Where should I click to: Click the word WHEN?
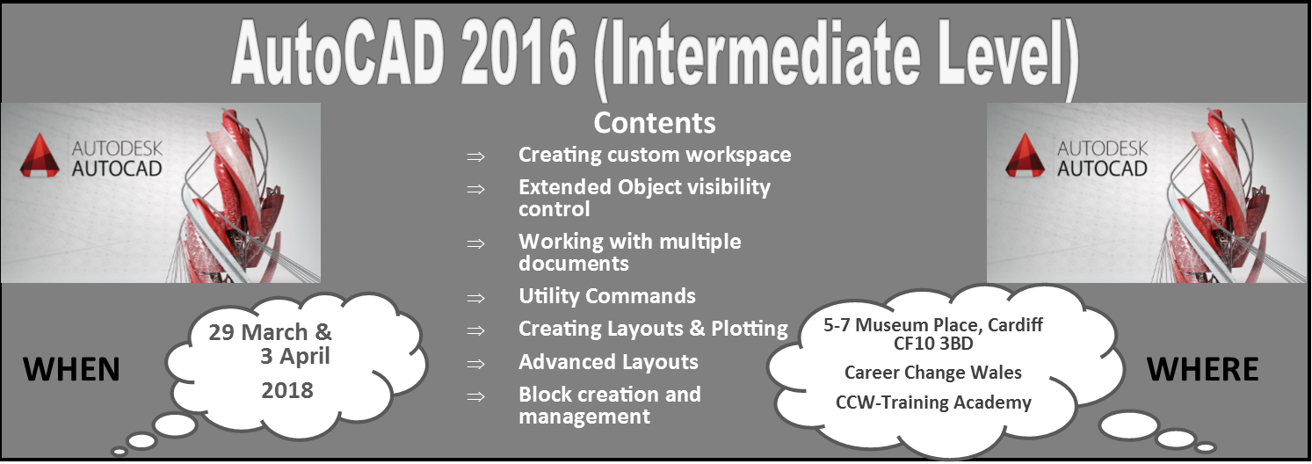[x=71, y=370]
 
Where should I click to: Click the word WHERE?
[x=1202, y=370]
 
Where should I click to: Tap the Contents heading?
[x=655, y=123]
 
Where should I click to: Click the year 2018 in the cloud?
[x=287, y=390]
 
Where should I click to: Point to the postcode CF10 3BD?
[x=933, y=344]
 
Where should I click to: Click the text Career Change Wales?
[x=933, y=373]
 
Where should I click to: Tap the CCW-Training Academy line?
[x=933, y=402]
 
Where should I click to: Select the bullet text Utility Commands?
[x=607, y=296]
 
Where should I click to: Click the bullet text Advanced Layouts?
[x=608, y=362]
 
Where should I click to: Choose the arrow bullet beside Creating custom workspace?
[x=475, y=156]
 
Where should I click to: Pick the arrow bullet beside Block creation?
[x=475, y=396]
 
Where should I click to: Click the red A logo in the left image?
[x=40, y=156]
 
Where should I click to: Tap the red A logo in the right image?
[x=1025, y=156]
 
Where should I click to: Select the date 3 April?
[x=295, y=356]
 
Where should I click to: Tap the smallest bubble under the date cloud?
[x=120, y=452]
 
